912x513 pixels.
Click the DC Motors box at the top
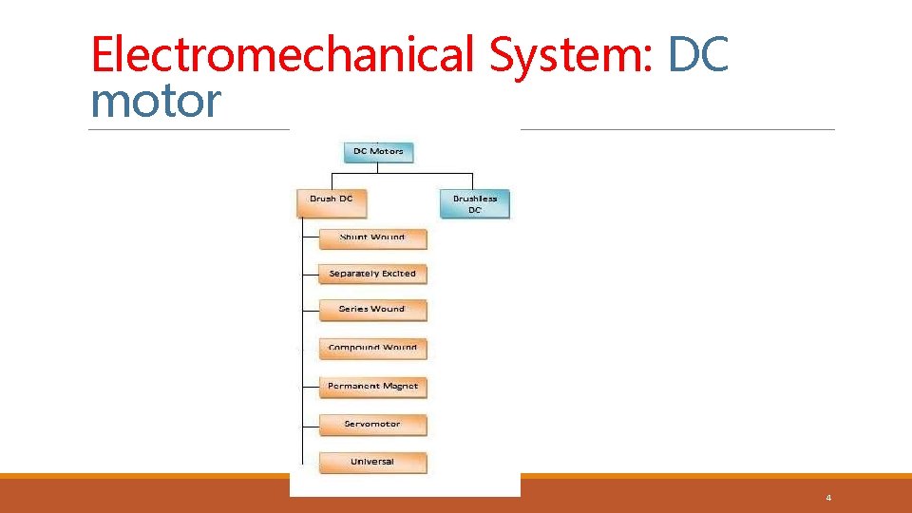[378, 152]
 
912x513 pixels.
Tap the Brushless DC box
[475, 204]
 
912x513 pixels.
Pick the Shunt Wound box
[372, 237]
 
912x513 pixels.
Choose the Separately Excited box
[372, 274]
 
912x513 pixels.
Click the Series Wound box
[372, 310]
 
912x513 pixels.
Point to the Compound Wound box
[372, 348]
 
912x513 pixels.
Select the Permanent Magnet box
[372, 387]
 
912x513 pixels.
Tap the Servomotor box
[372, 425]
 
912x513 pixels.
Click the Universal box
[372, 463]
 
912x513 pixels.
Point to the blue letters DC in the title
[698, 54]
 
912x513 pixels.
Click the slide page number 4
[828, 498]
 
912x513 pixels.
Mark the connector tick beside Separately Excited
[310, 275]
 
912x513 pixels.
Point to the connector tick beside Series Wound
[310, 311]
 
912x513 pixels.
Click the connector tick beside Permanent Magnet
[310, 388]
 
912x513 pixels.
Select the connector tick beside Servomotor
[310, 426]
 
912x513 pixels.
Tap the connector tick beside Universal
[310, 464]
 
